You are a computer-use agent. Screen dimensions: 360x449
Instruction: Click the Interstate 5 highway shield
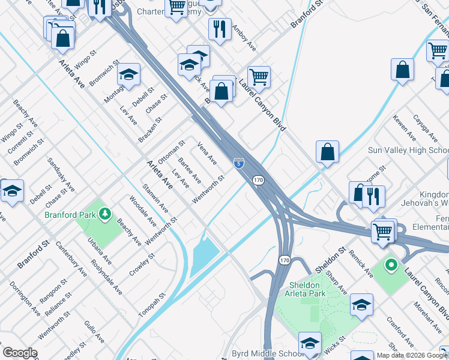pos(239,163)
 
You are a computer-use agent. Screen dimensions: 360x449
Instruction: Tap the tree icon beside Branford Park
pos(105,214)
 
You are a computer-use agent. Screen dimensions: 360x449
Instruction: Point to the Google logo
pos(20,353)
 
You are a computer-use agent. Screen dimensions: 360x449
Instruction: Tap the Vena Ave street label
pos(207,153)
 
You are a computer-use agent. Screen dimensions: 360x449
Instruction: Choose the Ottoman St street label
pos(171,152)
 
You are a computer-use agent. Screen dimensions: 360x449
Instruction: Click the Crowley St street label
pos(142,265)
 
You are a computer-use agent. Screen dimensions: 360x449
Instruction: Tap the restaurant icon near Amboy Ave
pos(220,28)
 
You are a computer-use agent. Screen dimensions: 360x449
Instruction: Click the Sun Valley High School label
pos(408,150)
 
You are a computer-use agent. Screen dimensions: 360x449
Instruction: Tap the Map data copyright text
pos(412,355)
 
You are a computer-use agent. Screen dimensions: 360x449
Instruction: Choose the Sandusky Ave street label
pos(61,174)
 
